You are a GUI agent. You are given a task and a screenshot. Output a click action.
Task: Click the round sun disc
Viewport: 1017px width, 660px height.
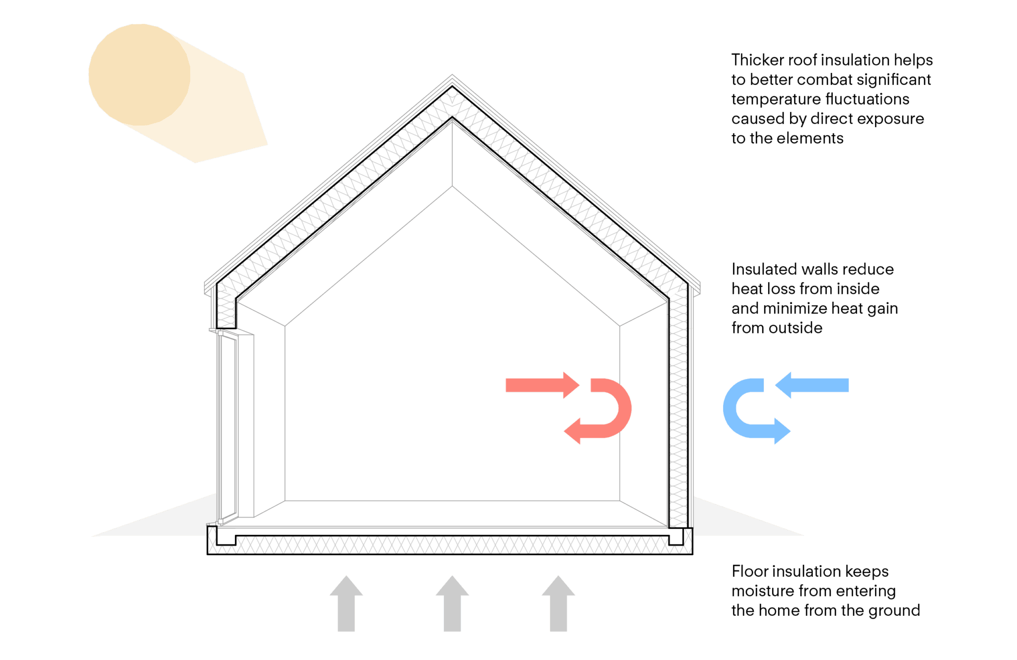tap(139, 74)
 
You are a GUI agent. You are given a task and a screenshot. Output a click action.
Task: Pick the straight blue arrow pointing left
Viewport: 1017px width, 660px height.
tap(814, 385)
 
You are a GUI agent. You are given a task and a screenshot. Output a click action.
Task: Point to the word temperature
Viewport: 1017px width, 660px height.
tap(775, 100)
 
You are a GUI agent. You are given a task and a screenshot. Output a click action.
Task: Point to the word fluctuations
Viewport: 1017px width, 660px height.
tap(867, 99)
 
